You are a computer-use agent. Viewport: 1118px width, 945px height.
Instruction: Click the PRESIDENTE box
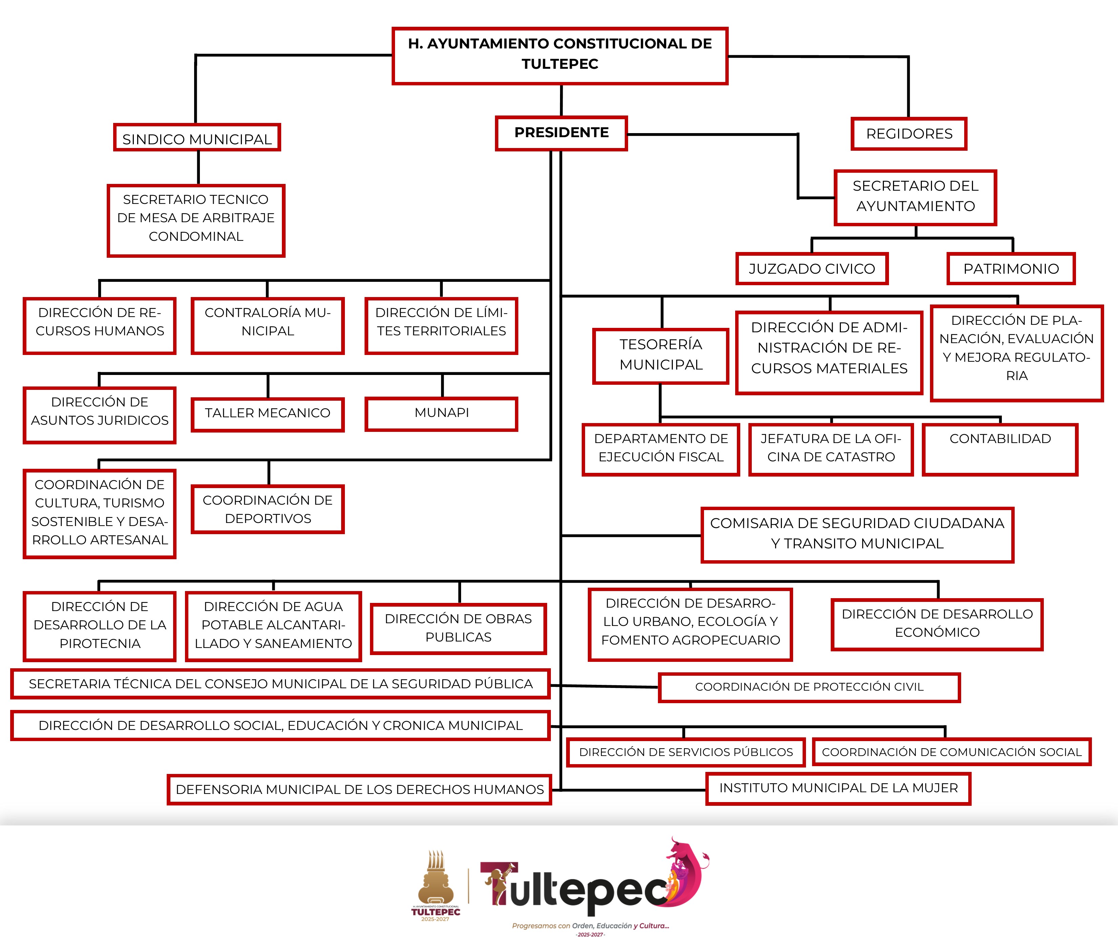(x=561, y=133)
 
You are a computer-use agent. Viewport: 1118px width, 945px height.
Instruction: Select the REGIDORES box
(x=909, y=134)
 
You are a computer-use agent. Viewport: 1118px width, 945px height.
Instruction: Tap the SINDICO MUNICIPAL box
(x=196, y=138)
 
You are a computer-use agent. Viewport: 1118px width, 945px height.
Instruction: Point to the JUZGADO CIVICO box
(x=812, y=268)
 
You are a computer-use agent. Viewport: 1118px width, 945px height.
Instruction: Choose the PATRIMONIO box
(x=1011, y=268)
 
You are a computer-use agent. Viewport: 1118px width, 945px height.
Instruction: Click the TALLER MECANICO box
(x=267, y=414)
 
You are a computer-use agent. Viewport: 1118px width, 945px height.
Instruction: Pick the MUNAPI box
(x=441, y=413)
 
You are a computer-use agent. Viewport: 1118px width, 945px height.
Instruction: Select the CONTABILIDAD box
(x=1000, y=449)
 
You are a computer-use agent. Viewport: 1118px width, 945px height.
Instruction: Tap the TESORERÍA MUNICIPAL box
(x=661, y=356)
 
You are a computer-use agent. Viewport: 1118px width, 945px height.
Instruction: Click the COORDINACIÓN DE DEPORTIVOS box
(x=267, y=509)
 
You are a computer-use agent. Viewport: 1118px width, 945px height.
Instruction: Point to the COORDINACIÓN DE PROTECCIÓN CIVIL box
(x=809, y=687)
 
